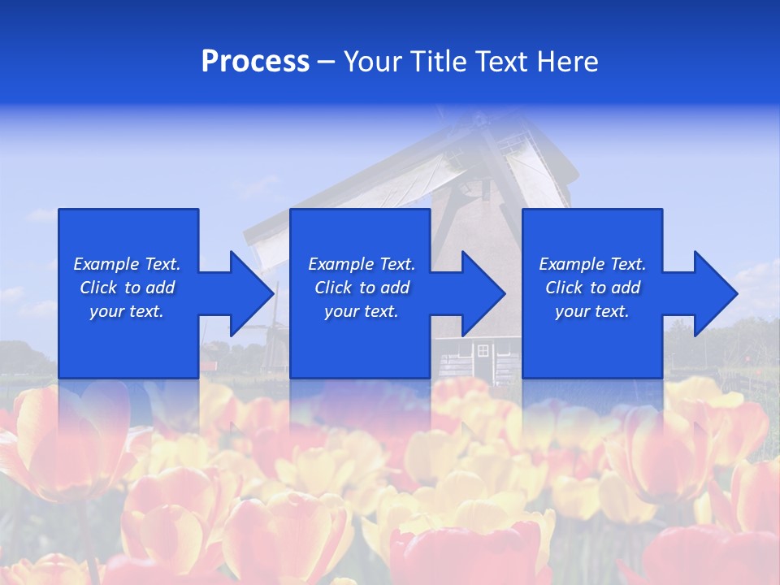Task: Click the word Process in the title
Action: tap(255, 62)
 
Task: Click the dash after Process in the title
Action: tap(327, 63)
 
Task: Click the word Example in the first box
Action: tap(106, 264)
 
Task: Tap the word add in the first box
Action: tap(160, 288)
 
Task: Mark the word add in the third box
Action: tap(626, 288)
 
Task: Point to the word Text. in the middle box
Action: tap(396, 264)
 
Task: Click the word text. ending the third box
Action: tap(612, 311)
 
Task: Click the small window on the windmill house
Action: tap(483, 350)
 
